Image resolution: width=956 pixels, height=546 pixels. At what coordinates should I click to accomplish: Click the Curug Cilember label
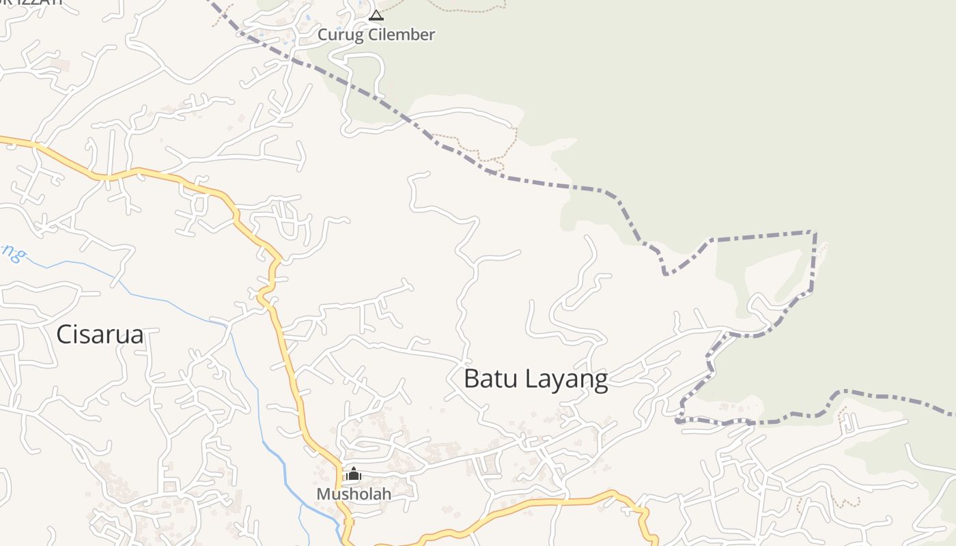[376, 34]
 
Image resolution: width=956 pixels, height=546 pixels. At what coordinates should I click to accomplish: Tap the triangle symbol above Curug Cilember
[376, 15]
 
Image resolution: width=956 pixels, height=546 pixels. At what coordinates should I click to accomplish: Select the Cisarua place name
[100, 334]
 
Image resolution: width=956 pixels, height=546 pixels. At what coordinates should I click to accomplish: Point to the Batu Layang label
[535, 379]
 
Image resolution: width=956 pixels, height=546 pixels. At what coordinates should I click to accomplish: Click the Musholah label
[354, 493]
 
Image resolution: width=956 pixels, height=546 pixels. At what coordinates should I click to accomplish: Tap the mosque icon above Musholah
[353, 474]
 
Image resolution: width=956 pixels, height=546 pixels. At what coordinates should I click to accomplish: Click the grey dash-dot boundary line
[546, 183]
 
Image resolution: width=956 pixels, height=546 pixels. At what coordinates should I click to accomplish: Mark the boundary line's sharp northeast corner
[815, 233]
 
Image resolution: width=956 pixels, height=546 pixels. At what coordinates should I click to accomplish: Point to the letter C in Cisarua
[64, 334]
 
